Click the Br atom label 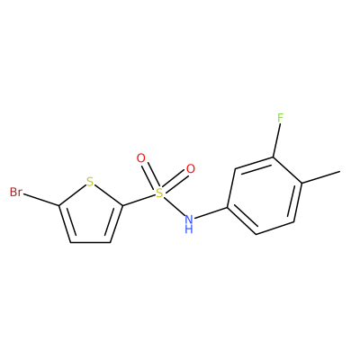(x=16, y=192)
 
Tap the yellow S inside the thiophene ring (x=90, y=182)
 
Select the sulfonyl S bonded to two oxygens (x=159, y=193)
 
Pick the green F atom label (x=280, y=118)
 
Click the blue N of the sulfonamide (x=189, y=219)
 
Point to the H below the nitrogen (x=189, y=229)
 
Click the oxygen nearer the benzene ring (x=191, y=169)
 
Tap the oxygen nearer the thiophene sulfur (x=140, y=158)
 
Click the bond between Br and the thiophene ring (x=41, y=200)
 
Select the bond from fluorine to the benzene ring (x=276, y=140)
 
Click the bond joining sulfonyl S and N (x=174, y=206)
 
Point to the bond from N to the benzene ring (x=211, y=212)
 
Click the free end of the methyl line (x=340, y=172)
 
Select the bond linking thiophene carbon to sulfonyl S (x=139, y=200)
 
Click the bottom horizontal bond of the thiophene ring (x=90, y=242)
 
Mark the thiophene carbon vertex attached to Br (x=59, y=205)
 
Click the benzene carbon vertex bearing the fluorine (x=273, y=157)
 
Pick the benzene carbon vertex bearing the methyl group (x=301, y=183)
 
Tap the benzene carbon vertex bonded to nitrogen (x=227, y=207)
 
